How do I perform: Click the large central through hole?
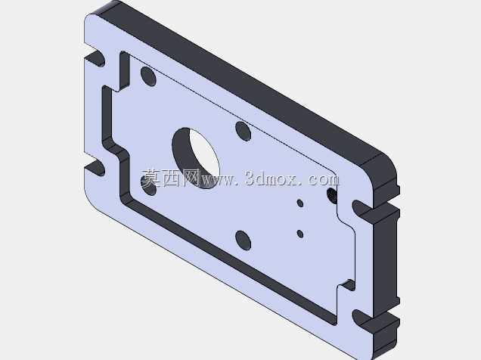(196, 157)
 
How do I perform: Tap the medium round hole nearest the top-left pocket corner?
(148, 76)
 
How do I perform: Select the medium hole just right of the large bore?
(244, 132)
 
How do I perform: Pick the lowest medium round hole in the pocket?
(244, 240)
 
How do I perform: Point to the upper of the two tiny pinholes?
(300, 203)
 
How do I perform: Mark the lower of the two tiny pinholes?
(300, 234)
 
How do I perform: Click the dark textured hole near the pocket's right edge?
(331, 196)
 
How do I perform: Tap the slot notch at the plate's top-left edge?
(95, 58)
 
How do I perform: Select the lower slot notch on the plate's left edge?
(95, 168)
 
